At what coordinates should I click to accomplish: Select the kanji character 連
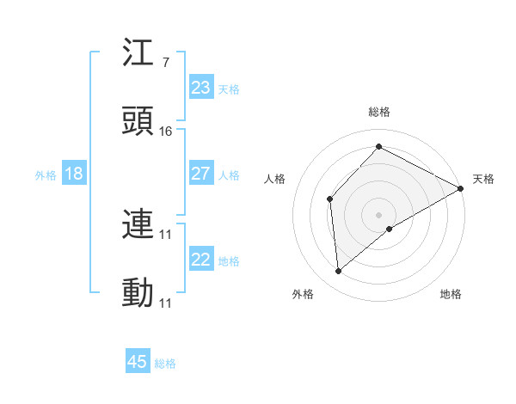pos(138,225)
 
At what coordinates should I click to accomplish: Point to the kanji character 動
pos(138,292)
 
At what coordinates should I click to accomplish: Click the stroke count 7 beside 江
pos(165,64)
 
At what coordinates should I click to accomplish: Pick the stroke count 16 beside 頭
pos(166,131)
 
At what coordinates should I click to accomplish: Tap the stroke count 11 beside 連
pos(166,234)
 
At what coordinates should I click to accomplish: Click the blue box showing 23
pos(200,88)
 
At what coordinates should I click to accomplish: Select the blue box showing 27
pos(200,174)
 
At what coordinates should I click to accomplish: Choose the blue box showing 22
pos(200,260)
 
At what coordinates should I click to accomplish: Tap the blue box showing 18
pos(73,174)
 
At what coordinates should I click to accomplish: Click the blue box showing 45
pos(138,362)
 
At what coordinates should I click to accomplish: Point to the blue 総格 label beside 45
pos(165,364)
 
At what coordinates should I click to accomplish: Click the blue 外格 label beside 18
pos(46,175)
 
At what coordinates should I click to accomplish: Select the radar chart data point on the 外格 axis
pos(339,272)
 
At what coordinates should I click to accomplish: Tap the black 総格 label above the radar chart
pos(379,113)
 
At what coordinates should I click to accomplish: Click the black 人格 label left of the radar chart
pos(275,179)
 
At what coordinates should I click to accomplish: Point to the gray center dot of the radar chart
pos(378,213)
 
